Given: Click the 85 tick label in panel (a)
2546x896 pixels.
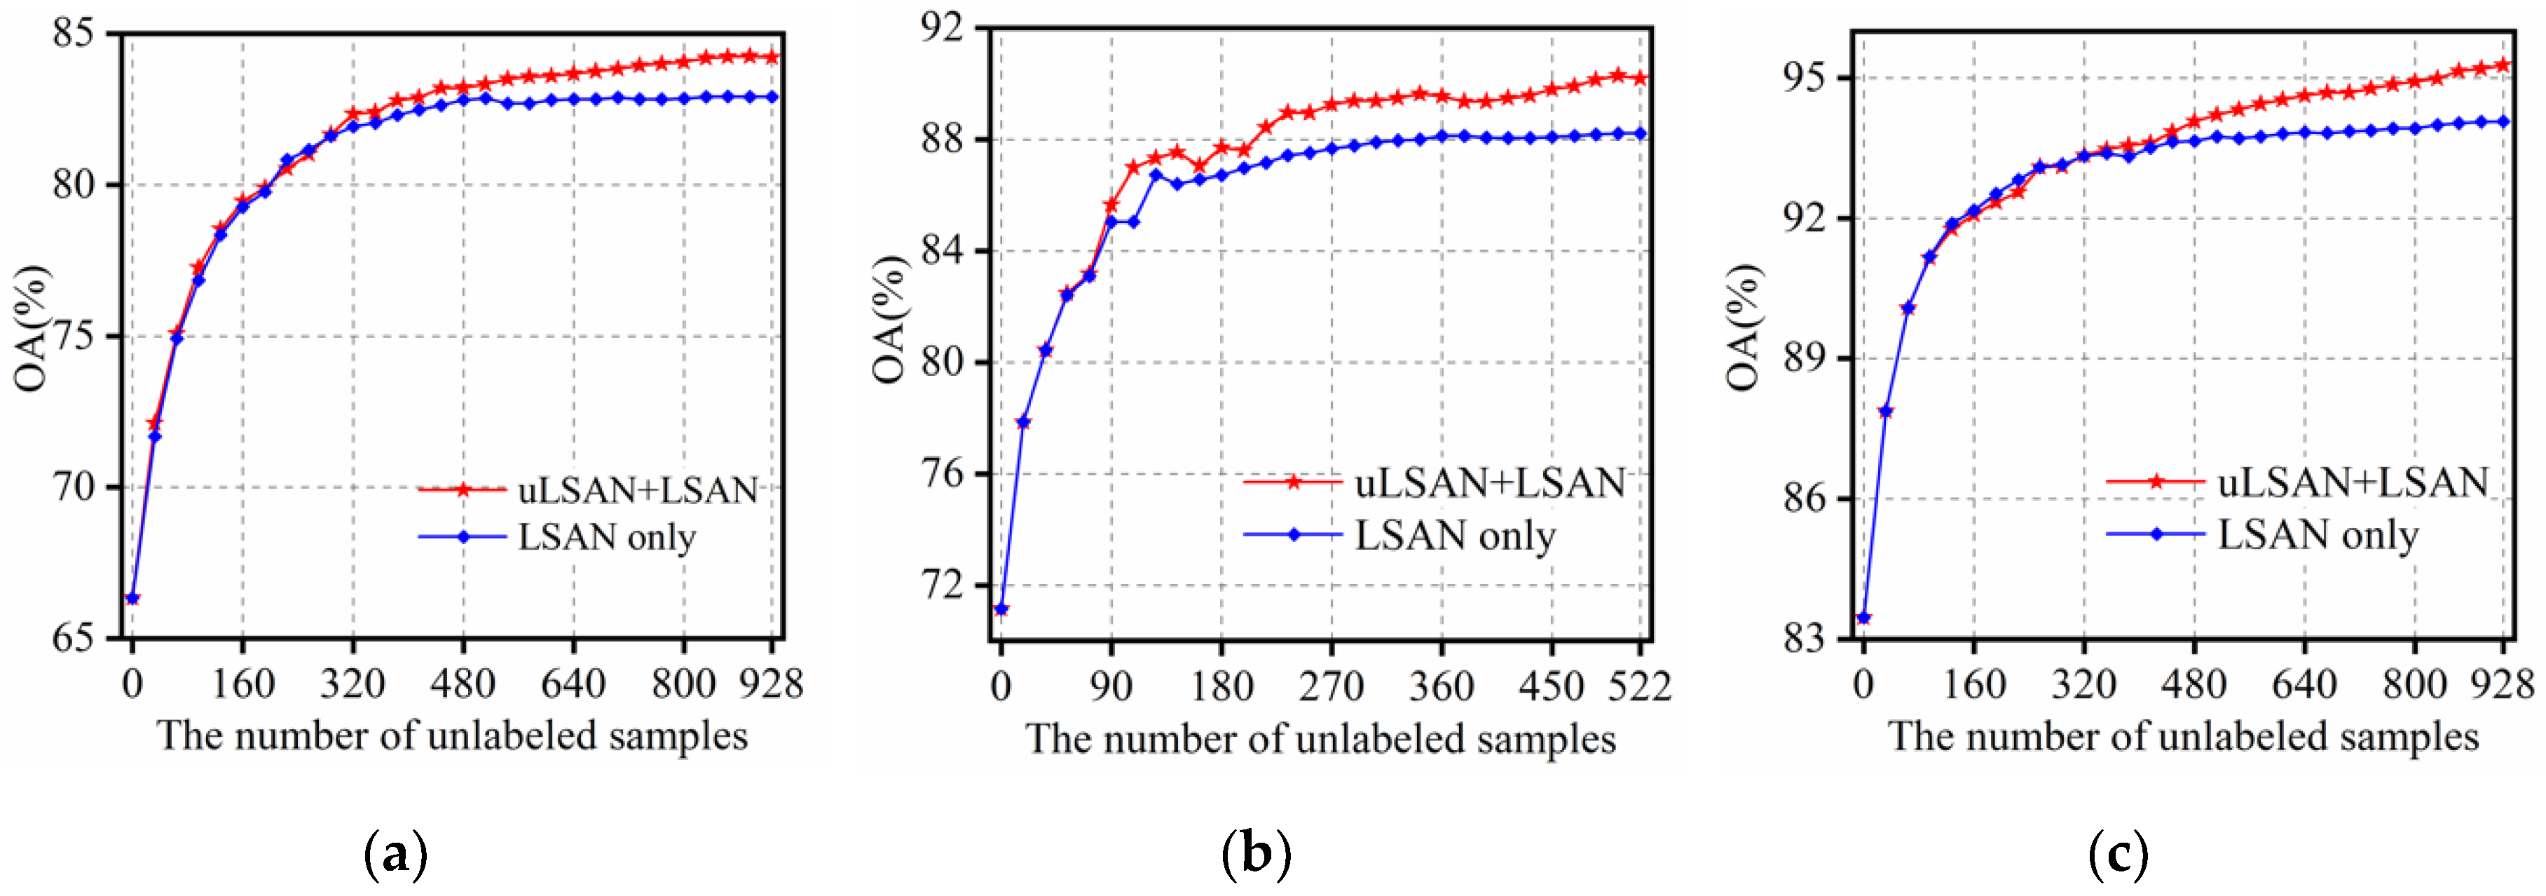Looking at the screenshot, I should [73, 33].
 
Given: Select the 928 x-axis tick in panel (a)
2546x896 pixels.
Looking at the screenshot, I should [771, 684].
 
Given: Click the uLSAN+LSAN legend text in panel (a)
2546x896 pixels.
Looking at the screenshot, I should [638, 489].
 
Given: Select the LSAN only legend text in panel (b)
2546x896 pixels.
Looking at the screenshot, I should [1454, 536].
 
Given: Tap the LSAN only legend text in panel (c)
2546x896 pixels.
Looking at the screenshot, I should [2318, 535].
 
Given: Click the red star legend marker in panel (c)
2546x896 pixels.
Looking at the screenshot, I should [2156, 482].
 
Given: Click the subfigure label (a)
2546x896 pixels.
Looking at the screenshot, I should [395, 853].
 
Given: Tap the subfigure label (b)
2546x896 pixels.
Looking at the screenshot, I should [1257, 853].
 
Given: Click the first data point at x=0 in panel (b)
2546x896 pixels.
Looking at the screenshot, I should [1001, 609].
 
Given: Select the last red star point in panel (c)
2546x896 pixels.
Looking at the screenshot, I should [2503, 65].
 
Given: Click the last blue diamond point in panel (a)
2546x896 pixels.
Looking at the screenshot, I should [772, 97].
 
